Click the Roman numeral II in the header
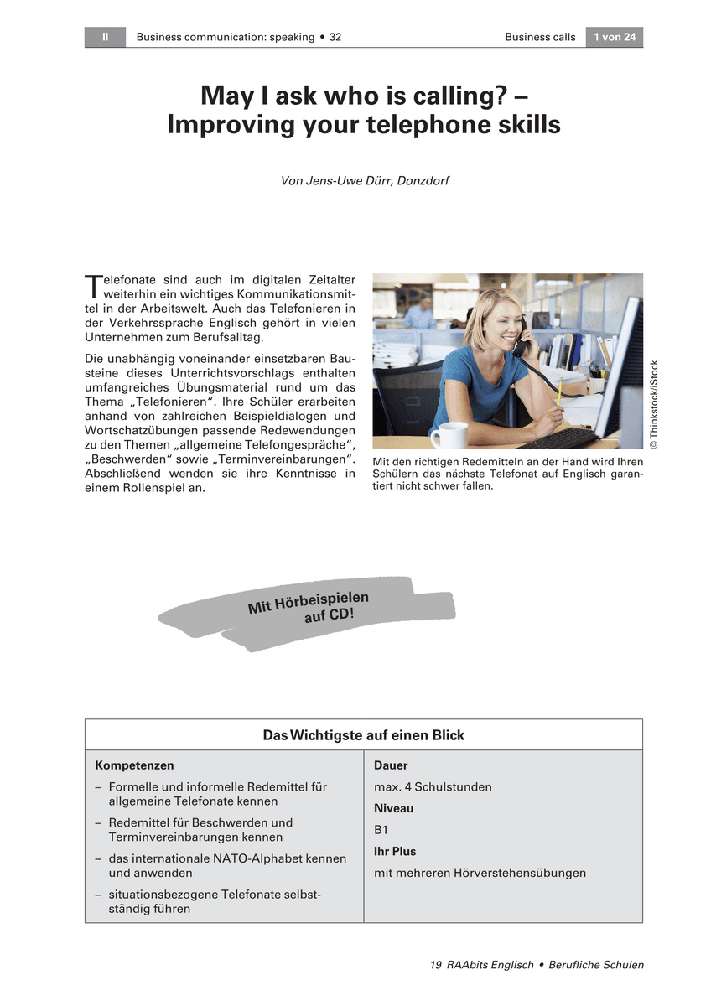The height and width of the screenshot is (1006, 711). point(105,37)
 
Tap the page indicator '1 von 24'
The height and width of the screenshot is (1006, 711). point(614,37)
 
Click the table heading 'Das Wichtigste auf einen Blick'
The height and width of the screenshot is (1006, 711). point(363,735)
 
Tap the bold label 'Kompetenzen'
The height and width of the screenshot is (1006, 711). point(135,765)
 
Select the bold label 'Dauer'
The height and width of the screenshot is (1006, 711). point(391,765)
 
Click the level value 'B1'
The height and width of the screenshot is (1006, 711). point(381,830)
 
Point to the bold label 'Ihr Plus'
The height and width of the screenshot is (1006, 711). point(395,851)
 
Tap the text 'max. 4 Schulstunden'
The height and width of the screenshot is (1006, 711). point(433,787)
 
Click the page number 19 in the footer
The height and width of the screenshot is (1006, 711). point(435,965)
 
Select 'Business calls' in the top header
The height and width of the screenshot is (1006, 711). point(540,37)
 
